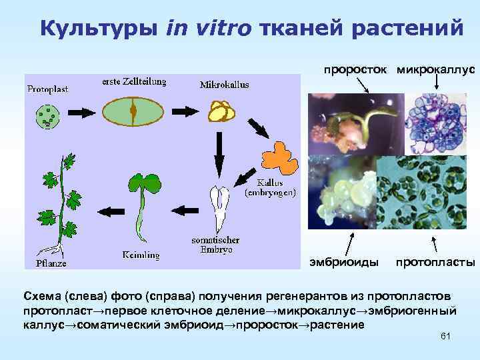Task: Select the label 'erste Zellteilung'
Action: (134, 81)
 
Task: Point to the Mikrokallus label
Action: (224, 85)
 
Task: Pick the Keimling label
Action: (140, 254)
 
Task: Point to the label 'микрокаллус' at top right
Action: (435, 69)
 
